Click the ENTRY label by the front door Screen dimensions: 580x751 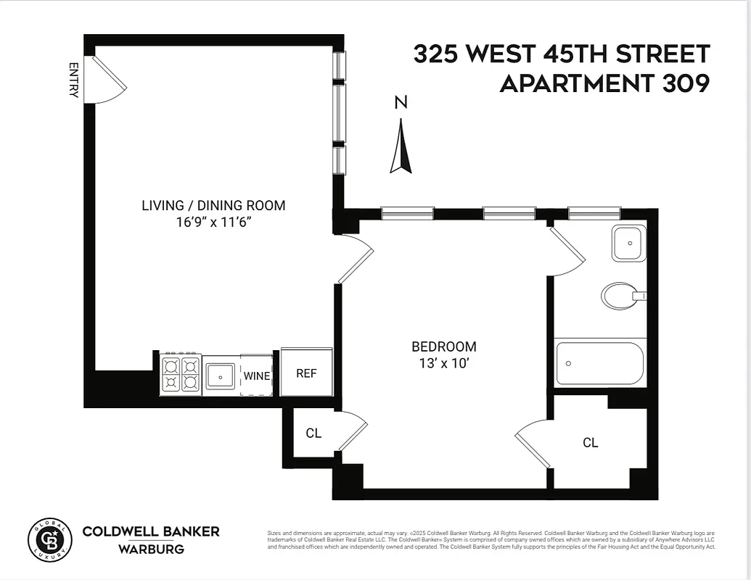(73, 80)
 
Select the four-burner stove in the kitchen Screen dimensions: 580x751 (181, 374)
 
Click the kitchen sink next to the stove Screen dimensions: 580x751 (220, 376)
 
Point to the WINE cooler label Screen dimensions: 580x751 (256, 376)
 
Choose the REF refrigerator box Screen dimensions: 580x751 (306, 373)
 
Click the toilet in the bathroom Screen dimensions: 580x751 (620, 296)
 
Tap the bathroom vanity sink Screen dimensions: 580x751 (628, 243)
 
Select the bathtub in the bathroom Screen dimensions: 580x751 (599, 364)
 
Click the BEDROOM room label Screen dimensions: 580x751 (444, 347)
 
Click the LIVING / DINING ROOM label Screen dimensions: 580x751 (213, 205)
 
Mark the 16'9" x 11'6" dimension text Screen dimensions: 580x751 (213, 222)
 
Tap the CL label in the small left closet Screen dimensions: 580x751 (313, 434)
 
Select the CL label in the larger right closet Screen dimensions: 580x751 (591, 442)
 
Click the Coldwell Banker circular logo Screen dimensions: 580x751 (50, 540)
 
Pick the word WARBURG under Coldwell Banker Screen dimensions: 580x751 (151, 550)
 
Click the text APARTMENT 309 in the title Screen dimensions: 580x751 (604, 84)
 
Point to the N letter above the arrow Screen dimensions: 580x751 (401, 103)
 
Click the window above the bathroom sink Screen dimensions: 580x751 (594, 213)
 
